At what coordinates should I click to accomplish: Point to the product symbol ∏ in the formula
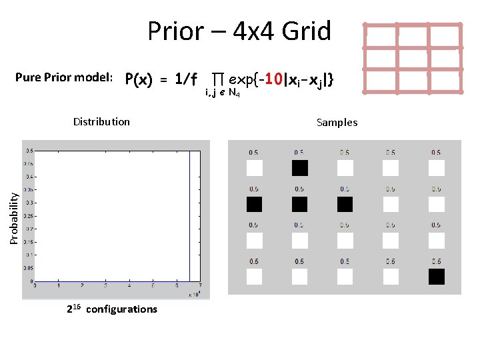click(x=217, y=79)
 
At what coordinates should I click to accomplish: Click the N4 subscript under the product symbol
click(x=234, y=93)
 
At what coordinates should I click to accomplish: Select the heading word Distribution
click(x=101, y=121)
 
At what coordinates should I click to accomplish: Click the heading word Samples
click(x=337, y=122)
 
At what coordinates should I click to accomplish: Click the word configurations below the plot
click(x=122, y=309)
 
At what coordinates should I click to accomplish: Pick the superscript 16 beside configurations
click(x=77, y=305)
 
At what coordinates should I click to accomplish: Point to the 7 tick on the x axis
click(x=200, y=285)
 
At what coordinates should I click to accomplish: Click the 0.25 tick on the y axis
click(x=29, y=216)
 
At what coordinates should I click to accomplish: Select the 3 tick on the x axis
click(x=106, y=285)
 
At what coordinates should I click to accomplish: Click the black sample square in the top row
click(x=299, y=168)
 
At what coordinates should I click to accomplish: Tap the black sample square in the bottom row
click(x=436, y=277)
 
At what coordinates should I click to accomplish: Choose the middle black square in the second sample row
click(x=299, y=204)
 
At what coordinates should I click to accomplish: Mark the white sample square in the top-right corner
click(x=436, y=168)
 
